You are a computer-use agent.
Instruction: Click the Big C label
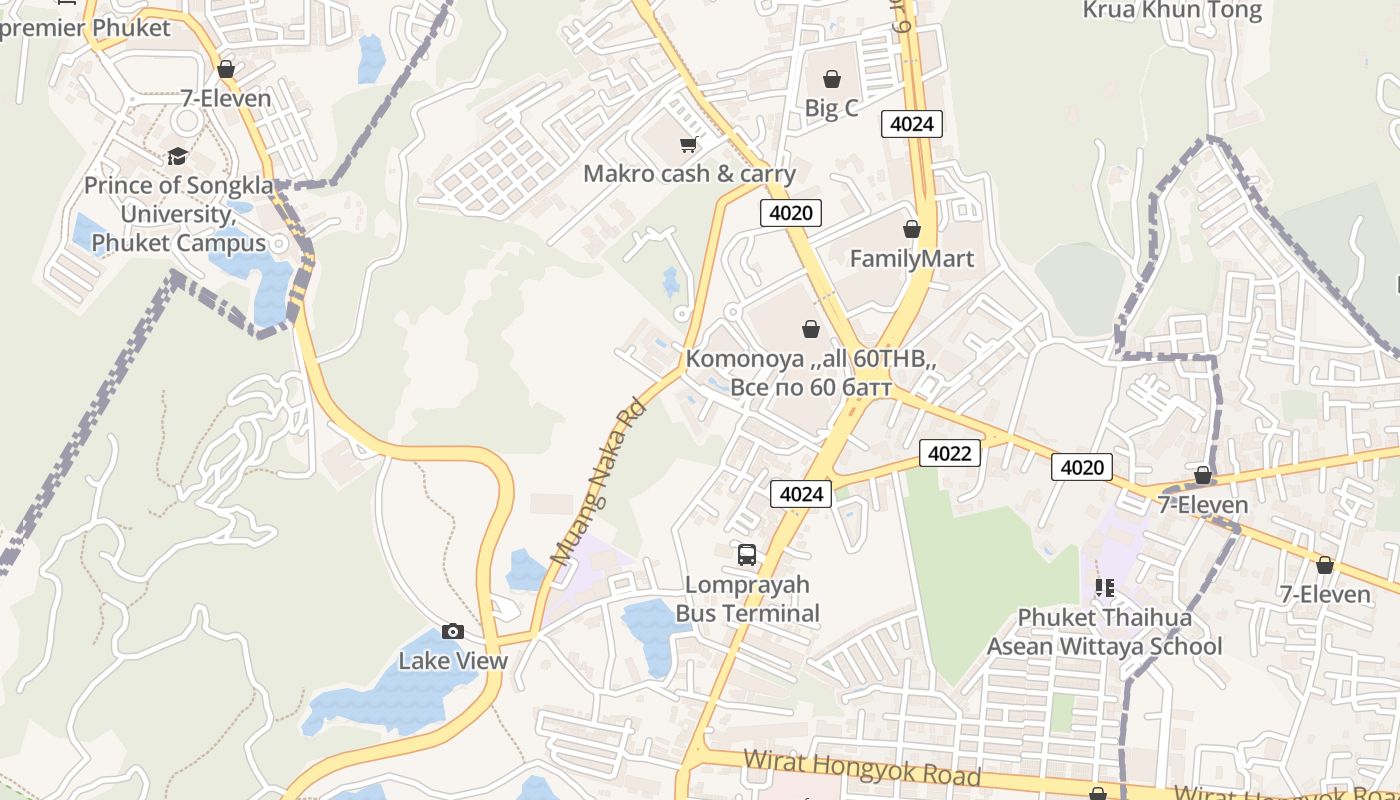pos(831,107)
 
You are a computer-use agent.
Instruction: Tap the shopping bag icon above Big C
pos(831,78)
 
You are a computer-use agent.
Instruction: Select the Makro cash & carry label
pos(689,174)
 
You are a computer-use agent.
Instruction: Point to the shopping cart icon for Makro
pos(688,145)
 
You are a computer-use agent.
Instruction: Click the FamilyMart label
pos(911,259)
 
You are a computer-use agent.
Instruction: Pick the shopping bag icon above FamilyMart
pos(911,229)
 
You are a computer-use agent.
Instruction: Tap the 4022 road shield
pos(949,453)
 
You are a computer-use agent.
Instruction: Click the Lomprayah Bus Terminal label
pos(748,599)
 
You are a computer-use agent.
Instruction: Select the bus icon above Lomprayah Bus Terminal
pos(747,555)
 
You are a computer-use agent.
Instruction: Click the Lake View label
pos(453,661)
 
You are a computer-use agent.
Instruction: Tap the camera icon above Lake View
pos(453,631)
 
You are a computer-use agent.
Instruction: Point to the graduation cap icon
pos(177,156)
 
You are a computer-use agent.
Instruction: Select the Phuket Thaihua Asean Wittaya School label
pos(1104,632)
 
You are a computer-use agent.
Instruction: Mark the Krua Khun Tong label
pos(1172,11)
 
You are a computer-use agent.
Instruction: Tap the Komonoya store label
pos(811,373)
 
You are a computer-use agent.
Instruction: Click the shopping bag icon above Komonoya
pos(810,329)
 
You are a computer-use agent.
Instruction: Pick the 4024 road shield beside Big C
pos(911,124)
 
